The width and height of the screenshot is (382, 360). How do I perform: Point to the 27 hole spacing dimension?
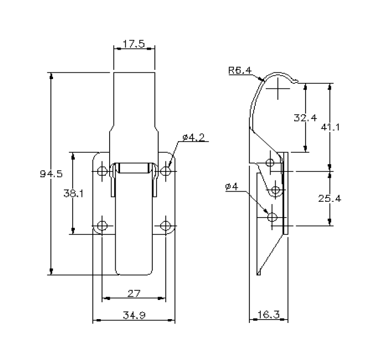point(133,293)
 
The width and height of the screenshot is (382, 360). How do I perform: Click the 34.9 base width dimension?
point(133,315)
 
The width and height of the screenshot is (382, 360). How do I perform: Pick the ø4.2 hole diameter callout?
point(193,137)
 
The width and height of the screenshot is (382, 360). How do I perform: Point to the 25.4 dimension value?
point(331,199)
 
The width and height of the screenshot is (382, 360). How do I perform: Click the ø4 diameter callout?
point(231,187)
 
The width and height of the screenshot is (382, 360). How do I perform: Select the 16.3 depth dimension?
point(267,315)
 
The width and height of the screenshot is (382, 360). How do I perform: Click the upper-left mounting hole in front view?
point(102,172)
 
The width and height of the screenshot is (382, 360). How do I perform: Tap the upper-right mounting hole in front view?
point(166,172)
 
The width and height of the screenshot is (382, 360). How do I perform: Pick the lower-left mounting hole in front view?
point(102,226)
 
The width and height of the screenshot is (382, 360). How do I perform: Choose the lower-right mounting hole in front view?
point(166,226)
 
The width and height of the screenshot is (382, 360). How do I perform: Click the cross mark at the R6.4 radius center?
point(279,87)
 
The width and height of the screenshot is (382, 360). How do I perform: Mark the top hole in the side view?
point(270,163)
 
